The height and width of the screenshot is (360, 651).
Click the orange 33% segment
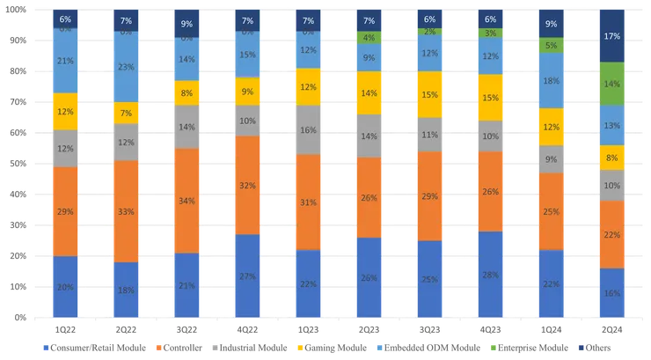127,211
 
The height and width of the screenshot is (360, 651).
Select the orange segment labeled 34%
187,201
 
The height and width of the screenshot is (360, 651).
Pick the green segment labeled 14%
612,84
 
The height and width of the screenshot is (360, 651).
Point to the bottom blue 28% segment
491,274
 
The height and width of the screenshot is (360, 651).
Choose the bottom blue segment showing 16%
612,292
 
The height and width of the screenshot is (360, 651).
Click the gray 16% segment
309,129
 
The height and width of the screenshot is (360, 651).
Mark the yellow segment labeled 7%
127,113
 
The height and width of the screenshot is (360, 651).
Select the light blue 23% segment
127,67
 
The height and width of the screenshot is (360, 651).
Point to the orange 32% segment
248,185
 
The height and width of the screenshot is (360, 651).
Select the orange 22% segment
612,234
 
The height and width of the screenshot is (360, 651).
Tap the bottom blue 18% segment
127,289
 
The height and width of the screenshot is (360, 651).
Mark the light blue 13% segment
612,125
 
